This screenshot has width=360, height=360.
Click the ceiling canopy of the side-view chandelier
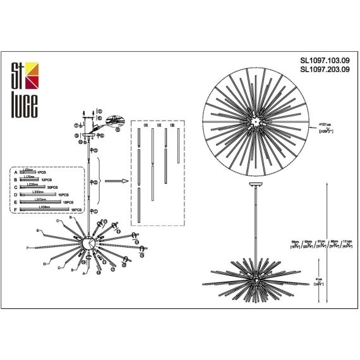pos(255,186)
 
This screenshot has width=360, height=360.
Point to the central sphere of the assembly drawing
pos(88,244)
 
